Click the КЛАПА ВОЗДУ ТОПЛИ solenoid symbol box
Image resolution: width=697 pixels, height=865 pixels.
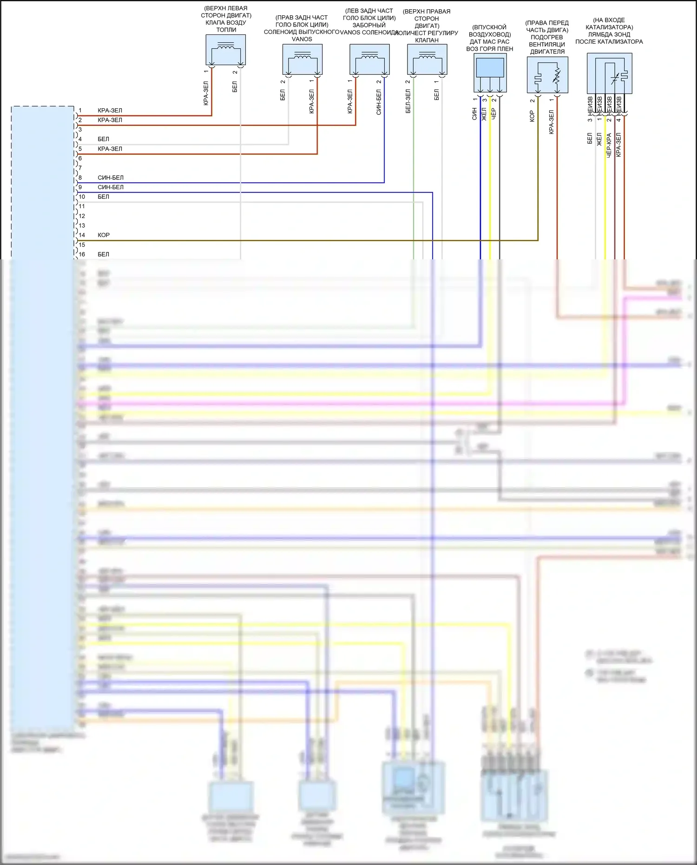click(225, 50)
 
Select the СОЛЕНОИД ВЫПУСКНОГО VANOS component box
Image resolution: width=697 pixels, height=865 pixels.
click(302, 59)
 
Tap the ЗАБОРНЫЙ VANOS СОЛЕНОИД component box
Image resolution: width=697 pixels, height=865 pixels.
click(369, 59)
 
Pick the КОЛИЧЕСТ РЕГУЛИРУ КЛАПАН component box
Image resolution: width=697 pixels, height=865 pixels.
click(427, 59)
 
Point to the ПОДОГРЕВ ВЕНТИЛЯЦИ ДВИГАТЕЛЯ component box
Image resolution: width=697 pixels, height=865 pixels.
click(547, 75)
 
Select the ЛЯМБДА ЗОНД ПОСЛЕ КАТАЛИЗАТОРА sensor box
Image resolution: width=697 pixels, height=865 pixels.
click(609, 73)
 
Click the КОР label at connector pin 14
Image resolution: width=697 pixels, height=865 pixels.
click(104, 235)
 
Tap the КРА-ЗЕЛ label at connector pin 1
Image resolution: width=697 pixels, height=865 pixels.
click(110, 111)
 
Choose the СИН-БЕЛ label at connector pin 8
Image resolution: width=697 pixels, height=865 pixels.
click(111, 178)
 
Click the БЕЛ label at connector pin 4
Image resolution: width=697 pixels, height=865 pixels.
click(103, 139)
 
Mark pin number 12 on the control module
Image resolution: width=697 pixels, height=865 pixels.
click(82, 216)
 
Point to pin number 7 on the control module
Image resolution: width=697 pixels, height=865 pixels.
click(80, 168)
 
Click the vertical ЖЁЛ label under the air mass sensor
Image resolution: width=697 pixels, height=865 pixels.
click(484, 114)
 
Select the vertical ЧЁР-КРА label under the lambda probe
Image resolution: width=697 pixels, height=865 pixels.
click(609, 145)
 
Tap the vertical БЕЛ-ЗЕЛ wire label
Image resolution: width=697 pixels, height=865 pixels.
click(408, 101)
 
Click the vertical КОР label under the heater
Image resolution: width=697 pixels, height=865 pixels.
click(532, 116)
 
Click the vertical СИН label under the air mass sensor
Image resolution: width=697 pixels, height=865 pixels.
click(474, 114)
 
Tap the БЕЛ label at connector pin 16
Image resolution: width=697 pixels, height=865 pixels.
click(103, 254)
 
